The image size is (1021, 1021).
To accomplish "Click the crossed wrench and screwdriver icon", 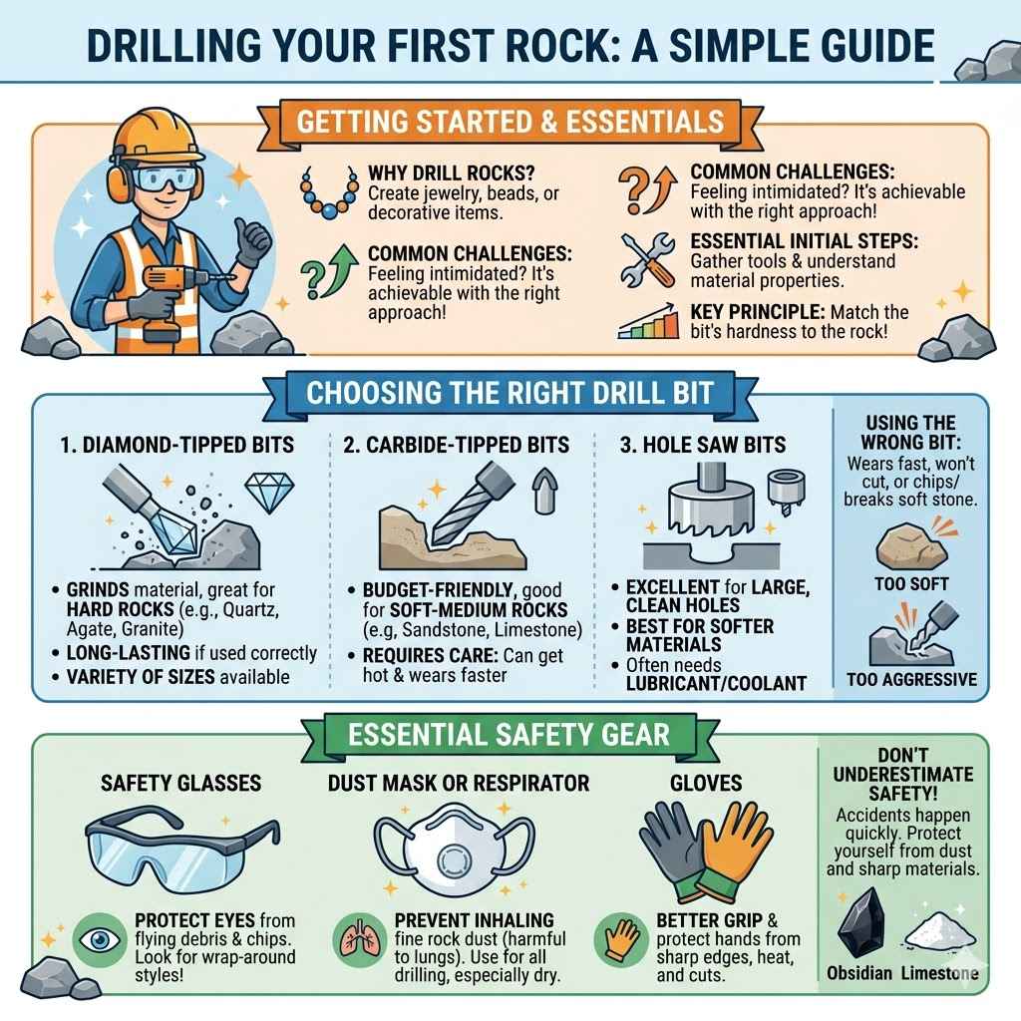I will [x=645, y=257].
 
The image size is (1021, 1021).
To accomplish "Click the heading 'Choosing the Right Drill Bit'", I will [x=510, y=392].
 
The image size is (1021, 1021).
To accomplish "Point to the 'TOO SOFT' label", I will [x=910, y=583].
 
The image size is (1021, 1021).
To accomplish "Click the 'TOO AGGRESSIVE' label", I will [x=910, y=681].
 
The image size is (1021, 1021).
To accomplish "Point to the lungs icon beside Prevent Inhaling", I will [x=356, y=940].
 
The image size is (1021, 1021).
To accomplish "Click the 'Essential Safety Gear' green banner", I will [x=510, y=735].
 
